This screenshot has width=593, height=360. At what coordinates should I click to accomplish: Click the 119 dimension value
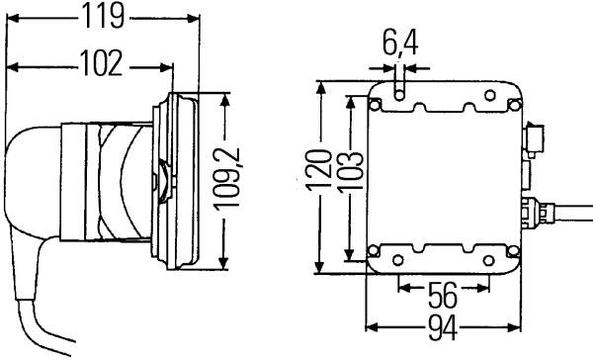[104, 16]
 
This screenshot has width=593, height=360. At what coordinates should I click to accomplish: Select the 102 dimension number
[101, 63]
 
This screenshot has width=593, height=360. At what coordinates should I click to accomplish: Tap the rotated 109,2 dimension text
[226, 178]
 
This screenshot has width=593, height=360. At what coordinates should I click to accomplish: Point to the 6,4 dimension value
[399, 44]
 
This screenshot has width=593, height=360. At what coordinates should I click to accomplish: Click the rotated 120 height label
[318, 170]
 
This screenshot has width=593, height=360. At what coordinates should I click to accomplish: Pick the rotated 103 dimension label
[350, 172]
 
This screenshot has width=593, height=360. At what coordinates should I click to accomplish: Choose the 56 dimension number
[443, 296]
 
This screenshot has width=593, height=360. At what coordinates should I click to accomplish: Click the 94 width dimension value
[443, 327]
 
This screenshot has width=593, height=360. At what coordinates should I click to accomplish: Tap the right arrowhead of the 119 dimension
[194, 18]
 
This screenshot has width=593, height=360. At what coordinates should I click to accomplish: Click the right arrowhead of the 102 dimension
[167, 68]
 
